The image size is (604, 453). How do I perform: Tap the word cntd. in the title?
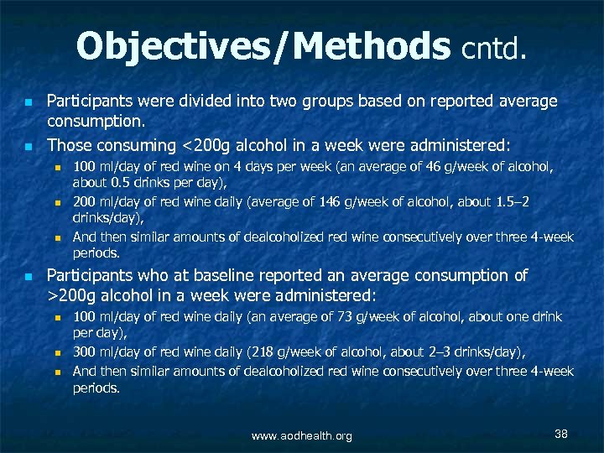[496, 49]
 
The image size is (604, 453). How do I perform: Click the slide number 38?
[561, 434]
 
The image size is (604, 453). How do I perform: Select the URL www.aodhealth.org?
[302, 435]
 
